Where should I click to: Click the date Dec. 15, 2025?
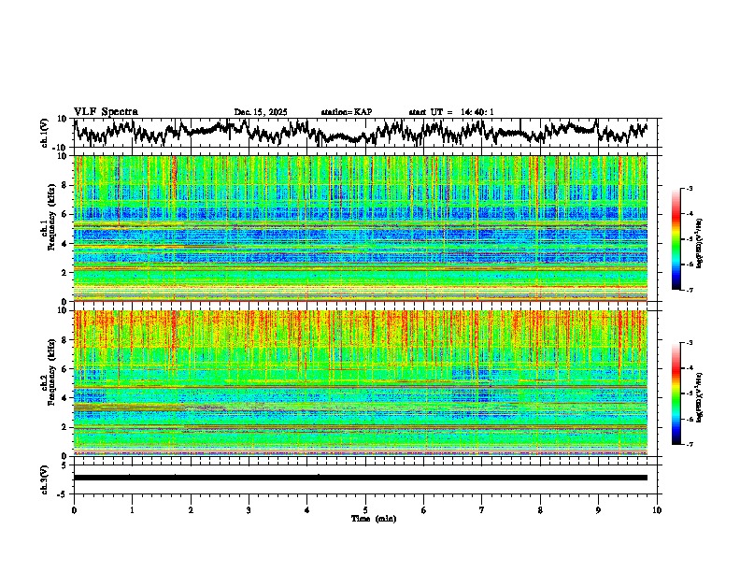click(x=261, y=112)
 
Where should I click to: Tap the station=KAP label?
click(x=347, y=112)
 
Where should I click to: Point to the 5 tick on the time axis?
click(x=365, y=509)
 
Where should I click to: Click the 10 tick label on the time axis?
click(x=657, y=509)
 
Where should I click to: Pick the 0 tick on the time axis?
click(x=74, y=509)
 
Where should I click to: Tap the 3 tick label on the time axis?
click(x=249, y=509)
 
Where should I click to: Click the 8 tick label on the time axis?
click(x=540, y=509)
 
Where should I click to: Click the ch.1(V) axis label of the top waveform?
click(x=45, y=133)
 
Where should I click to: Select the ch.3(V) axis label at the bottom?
click(x=45, y=478)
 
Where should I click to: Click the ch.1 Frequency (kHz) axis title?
click(x=47, y=229)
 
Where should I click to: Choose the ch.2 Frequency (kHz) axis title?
click(x=47, y=383)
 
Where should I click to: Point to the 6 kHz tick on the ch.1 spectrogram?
click(x=66, y=214)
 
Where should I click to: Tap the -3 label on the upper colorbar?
click(x=689, y=189)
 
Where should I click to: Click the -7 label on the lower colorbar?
click(x=689, y=445)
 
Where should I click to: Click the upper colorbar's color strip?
click(x=676, y=239)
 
